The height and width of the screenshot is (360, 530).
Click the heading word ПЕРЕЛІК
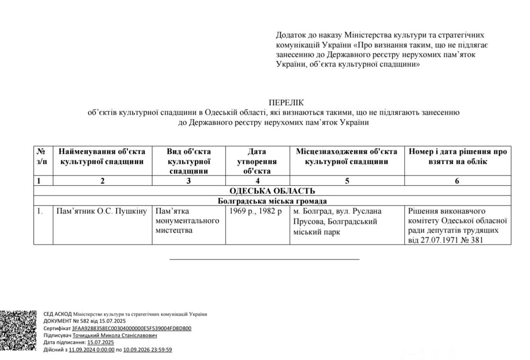coord(286,102)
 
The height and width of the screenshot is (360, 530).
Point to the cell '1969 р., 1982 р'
coord(256,211)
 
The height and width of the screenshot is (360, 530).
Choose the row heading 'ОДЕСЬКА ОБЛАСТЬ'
coord(272,191)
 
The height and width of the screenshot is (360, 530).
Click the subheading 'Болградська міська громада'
coord(272,201)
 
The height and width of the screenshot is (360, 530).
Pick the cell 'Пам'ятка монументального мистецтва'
coord(187,220)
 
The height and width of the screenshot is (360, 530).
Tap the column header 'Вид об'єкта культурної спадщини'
coord(189,161)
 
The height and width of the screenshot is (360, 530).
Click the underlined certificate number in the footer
coord(132,328)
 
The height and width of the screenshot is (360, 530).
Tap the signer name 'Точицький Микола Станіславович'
coord(115,335)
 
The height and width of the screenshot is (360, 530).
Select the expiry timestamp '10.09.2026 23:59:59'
coord(148,350)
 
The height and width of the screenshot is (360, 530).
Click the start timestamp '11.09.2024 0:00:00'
coord(91,350)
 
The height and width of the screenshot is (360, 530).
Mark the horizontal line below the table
coord(264,258)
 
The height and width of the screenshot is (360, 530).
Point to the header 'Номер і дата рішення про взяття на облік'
coord(457,157)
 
